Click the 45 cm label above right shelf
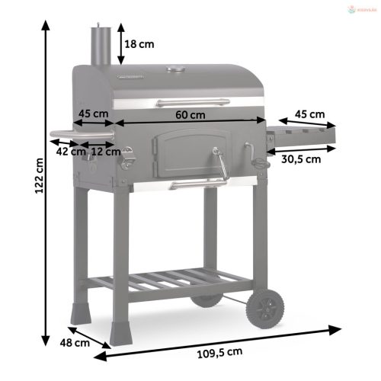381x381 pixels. pyautogui.click(x=310, y=114)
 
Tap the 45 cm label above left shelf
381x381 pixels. pyautogui.click(x=93, y=114)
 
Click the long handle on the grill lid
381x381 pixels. pyautogui.click(x=191, y=101)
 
